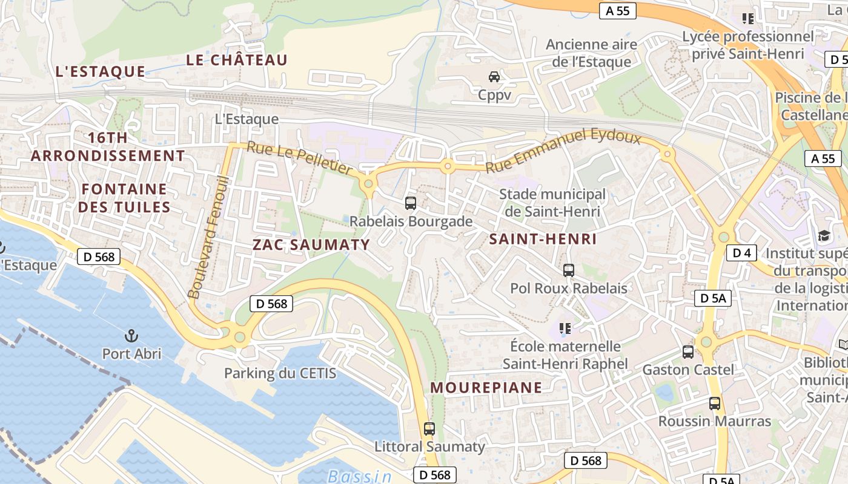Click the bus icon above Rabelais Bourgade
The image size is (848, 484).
tap(411, 203)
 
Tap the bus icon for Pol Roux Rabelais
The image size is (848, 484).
tap(568, 270)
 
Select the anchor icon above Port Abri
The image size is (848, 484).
tap(131, 335)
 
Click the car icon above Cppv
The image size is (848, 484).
tap(494, 77)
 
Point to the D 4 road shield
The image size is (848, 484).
tap(741, 253)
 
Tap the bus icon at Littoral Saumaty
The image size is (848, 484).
tap(429, 428)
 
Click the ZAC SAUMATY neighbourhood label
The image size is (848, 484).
tap(311, 244)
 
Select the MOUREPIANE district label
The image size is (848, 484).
tap(486, 387)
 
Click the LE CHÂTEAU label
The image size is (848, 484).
tap(236, 60)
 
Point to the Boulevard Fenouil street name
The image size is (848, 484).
tap(208, 237)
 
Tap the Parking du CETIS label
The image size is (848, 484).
tap(280, 373)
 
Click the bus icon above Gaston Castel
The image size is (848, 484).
tap(688, 352)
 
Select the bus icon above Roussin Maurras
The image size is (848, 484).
tap(715, 403)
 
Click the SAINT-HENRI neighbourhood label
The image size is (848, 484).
tap(543, 239)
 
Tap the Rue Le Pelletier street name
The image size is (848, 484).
tap(299, 158)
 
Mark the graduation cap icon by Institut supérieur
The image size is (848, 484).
tap(824, 235)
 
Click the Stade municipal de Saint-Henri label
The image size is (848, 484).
tap(552, 203)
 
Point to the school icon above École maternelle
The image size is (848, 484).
tap(565, 329)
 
